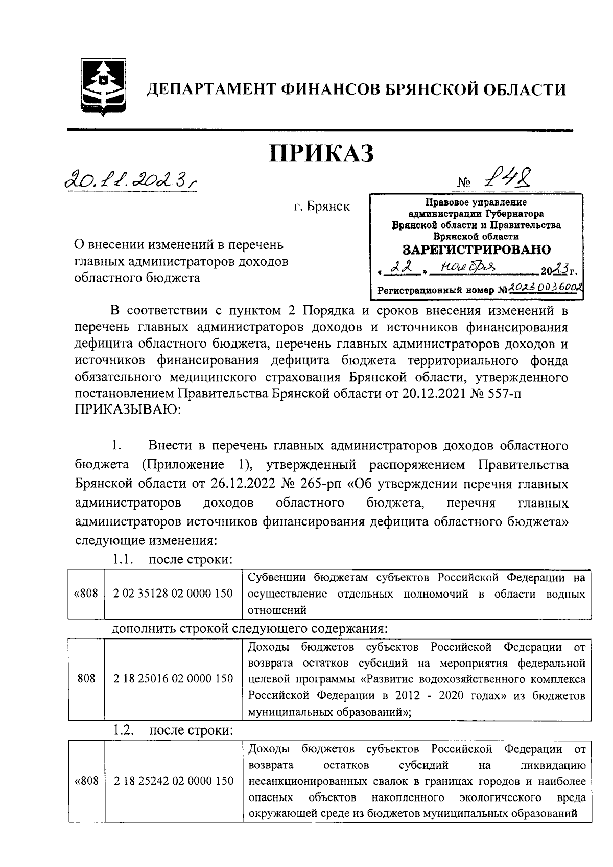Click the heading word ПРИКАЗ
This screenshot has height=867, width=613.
pyautogui.click(x=322, y=153)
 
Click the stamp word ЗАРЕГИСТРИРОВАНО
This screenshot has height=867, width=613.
pyautogui.click(x=477, y=250)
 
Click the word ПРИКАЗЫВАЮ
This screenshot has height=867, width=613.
pyautogui.click(x=128, y=410)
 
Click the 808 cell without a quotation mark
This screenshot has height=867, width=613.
pyautogui.click(x=86, y=678)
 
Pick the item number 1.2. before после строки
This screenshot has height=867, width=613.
pyautogui.click(x=124, y=731)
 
